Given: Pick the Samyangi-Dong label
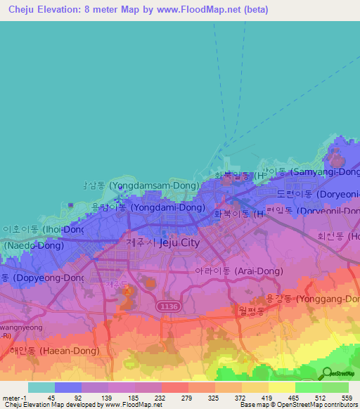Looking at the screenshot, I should coord(314,171).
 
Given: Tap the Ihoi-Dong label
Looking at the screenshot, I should coord(43,229).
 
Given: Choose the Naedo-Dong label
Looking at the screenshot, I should coord(34,247).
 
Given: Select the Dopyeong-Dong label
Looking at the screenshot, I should coord(42,278).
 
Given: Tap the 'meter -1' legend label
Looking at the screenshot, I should coord(13,397).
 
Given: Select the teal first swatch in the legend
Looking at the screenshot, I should coord(41,387).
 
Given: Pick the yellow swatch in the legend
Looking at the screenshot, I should coord(281,387).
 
